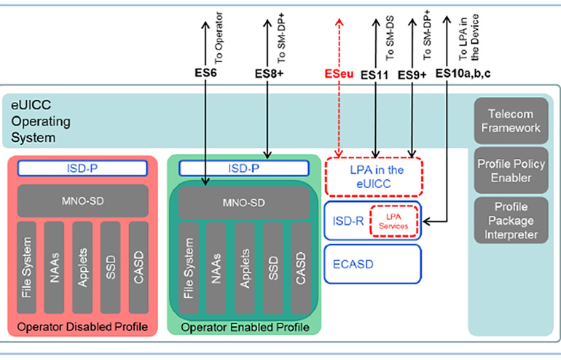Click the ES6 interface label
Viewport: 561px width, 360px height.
point(205,74)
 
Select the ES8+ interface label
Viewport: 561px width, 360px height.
point(270,74)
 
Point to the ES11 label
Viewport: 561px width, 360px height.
point(374,74)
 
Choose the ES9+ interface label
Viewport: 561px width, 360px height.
point(413,74)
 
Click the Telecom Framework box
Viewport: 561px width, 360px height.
point(510,121)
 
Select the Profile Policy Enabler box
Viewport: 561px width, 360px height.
point(510,171)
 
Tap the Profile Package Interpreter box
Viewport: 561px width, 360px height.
point(510,220)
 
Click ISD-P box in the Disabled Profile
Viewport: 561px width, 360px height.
point(82,168)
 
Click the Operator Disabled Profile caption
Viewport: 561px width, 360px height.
point(82,324)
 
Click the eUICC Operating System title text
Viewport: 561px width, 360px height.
point(36,120)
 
